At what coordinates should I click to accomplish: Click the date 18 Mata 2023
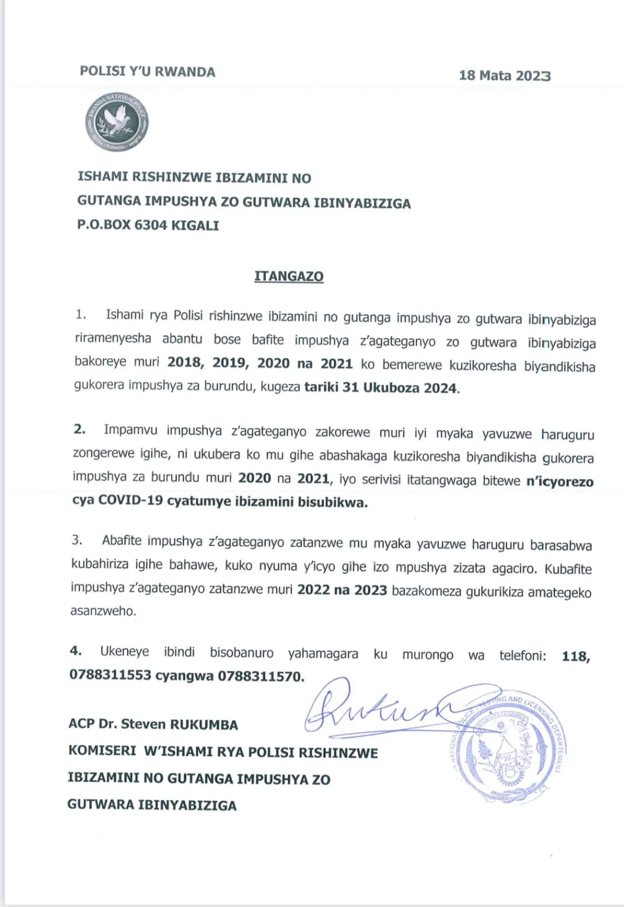(x=505, y=75)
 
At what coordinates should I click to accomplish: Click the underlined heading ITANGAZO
(x=289, y=276)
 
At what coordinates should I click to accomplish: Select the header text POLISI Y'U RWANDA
(x=147, y=72)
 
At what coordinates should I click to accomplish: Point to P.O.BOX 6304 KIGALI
(x=148, y=226)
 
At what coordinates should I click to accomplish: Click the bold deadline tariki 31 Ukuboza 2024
(x=382, y=387)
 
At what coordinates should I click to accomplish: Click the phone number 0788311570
(x=261, y=677)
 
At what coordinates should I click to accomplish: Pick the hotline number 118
(x=575, y=656)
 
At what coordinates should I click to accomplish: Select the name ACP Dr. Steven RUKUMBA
(x=153, y=725)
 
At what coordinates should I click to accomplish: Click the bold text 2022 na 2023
(x=342, y=590)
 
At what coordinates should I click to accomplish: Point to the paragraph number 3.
(x=77, y=539)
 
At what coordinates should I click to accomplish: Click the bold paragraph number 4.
(x=75, y=650)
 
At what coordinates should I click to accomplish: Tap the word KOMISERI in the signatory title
(x=102, y=751)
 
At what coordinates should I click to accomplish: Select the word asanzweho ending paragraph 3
(x=103, y=611)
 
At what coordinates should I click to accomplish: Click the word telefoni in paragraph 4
(x=522, y=656)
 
